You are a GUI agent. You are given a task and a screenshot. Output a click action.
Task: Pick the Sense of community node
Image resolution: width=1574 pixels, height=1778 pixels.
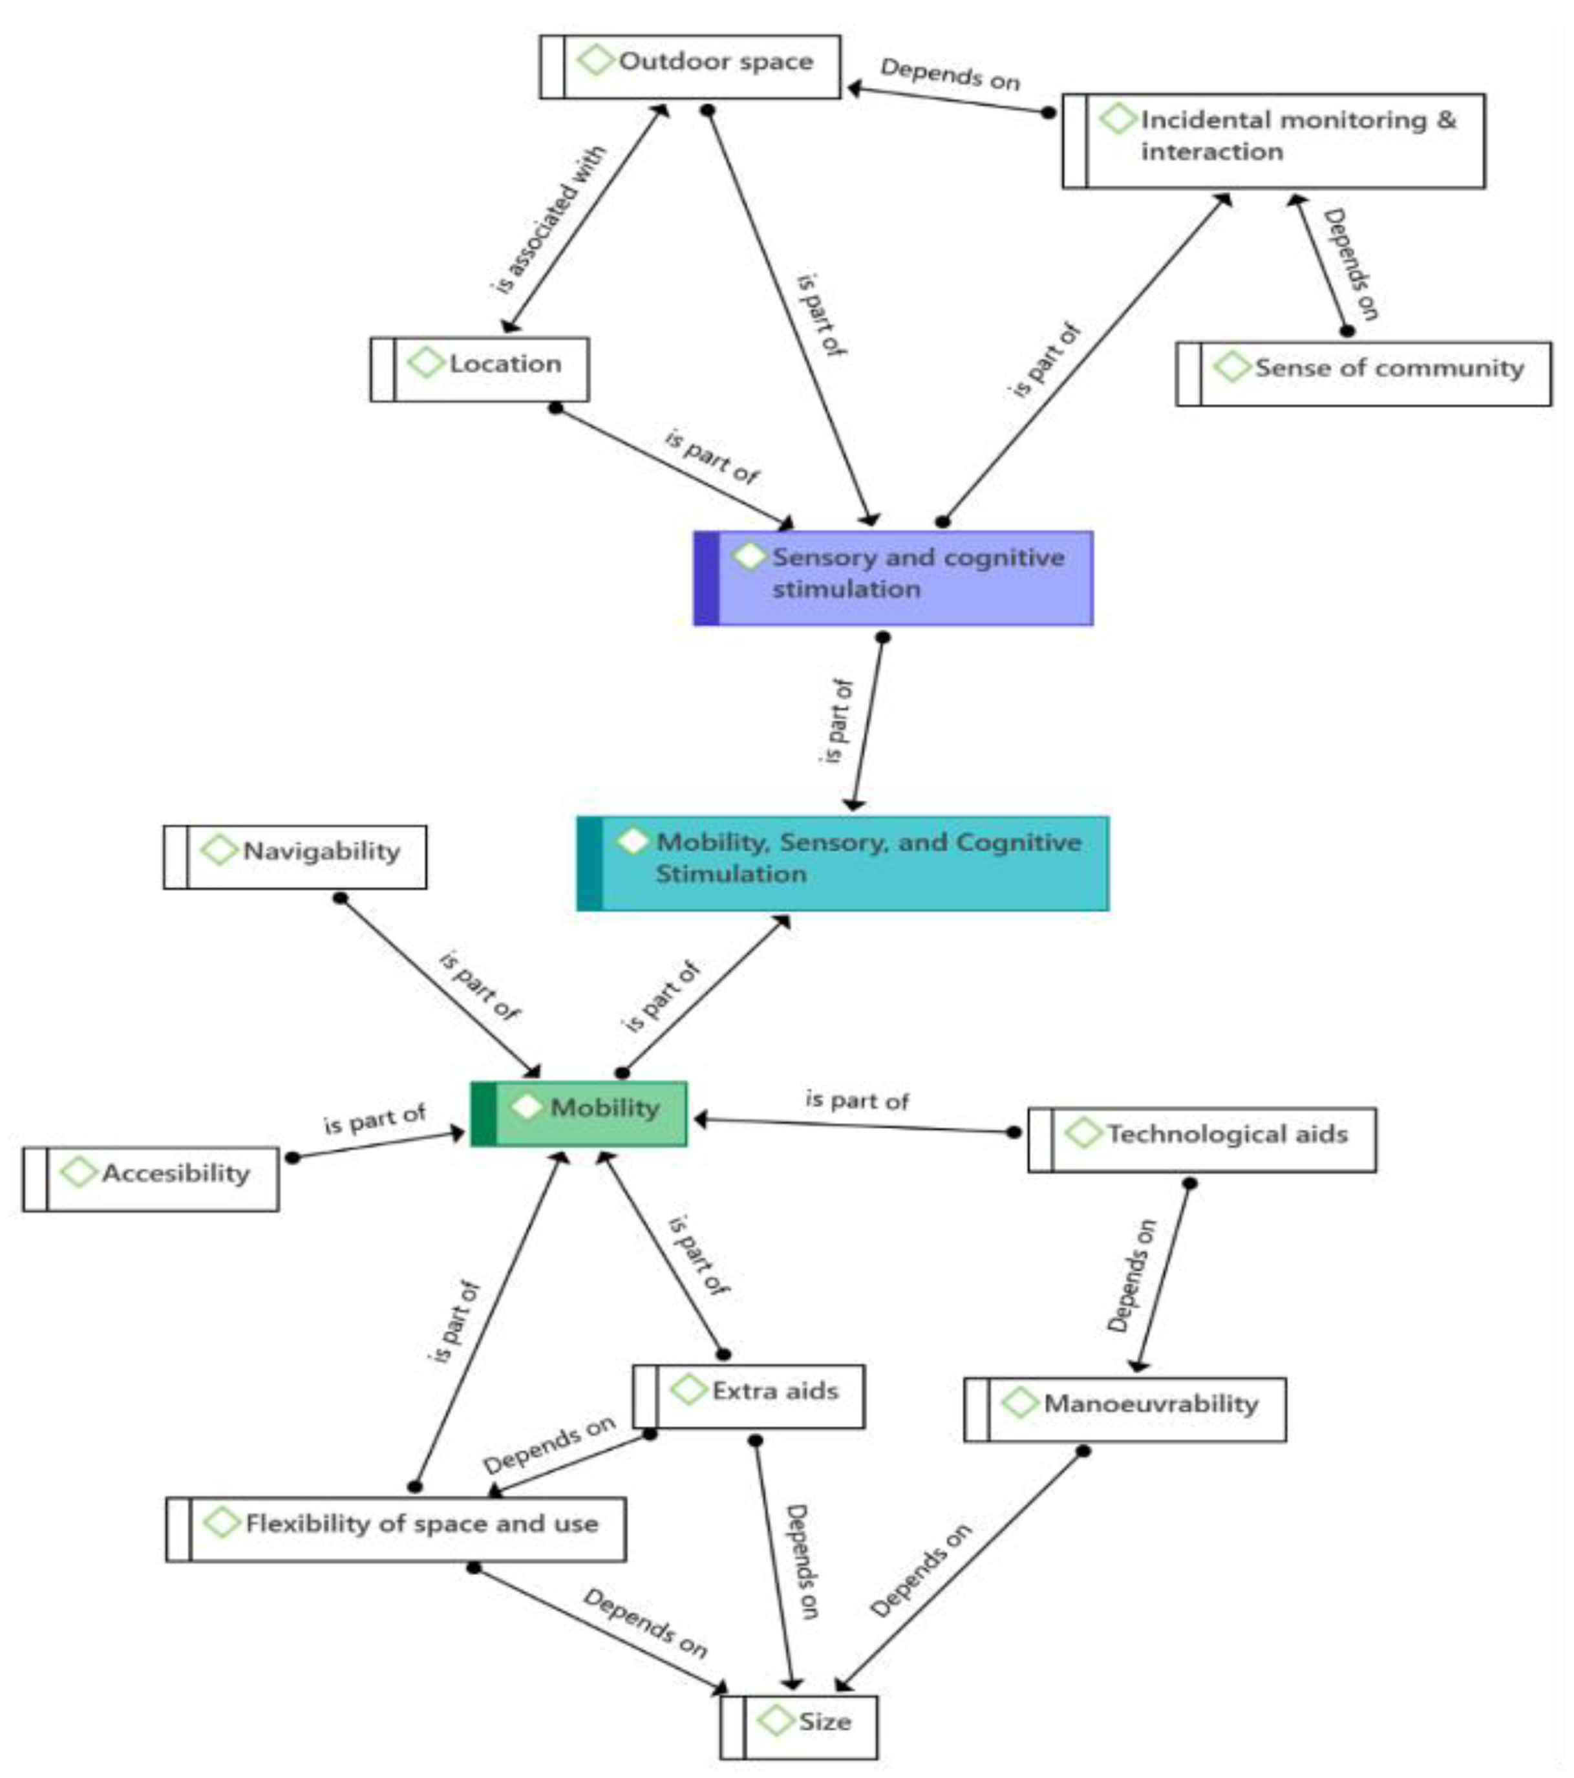1363,372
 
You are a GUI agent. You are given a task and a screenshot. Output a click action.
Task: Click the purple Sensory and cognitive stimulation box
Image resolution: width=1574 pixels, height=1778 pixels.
893,577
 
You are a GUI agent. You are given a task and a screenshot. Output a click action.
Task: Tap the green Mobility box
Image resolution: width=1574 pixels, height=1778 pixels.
579,1113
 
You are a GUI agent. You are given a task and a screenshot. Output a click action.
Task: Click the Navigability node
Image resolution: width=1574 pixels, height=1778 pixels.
295,857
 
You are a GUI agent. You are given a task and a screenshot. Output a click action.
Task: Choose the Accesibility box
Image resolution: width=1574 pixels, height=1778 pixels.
151,1179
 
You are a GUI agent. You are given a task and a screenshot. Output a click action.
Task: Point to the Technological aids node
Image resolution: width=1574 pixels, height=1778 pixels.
1202,1139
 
